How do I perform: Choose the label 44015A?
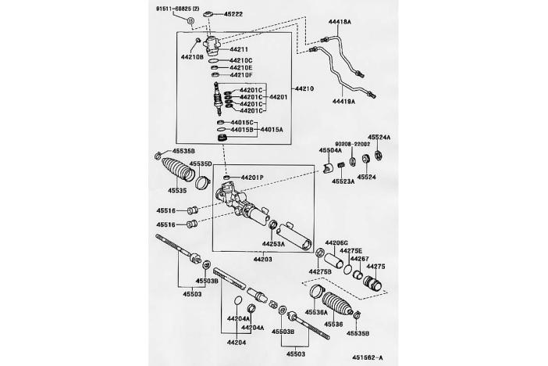click(273, 129)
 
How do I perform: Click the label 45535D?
click(201, 164)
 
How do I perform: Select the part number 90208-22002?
click(356, 145)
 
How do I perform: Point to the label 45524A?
click(379, 136)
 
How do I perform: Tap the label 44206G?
click(337, 243)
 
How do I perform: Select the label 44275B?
click(321, 271)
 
